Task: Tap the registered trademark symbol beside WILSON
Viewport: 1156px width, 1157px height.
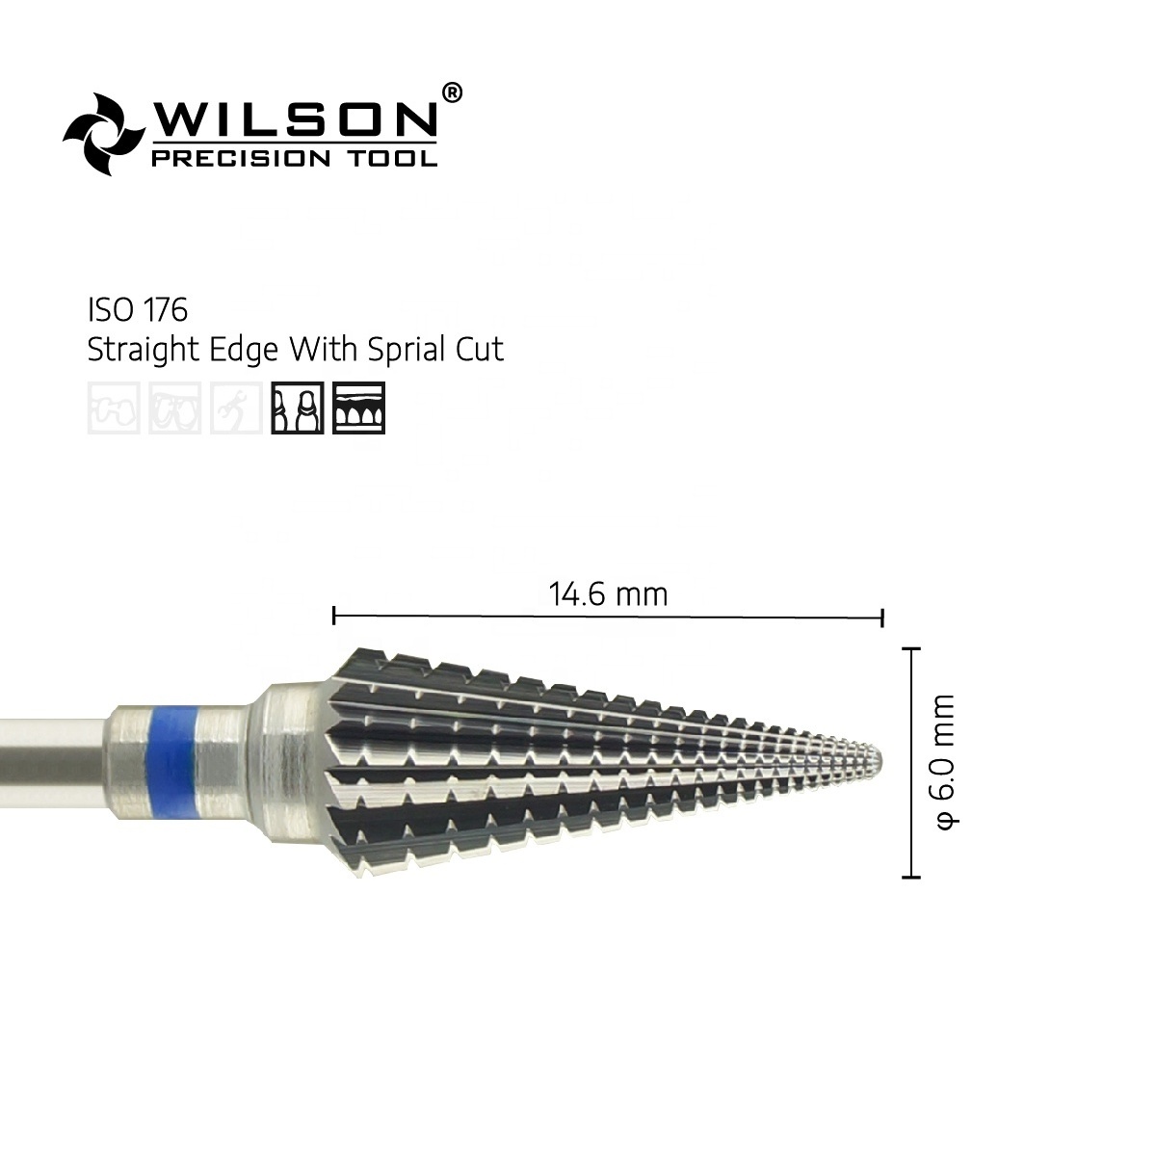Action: coord(452,93)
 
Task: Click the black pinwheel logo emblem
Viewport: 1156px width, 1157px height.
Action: coord(104,134)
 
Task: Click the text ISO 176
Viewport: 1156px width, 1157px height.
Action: coord(138,310)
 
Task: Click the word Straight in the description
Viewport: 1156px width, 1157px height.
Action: coord(143,350)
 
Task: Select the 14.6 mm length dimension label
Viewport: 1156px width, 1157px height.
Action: coord(608,594)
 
